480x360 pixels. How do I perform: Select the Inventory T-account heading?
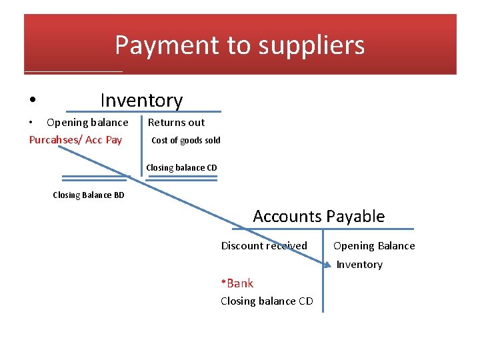[x=141, y=100]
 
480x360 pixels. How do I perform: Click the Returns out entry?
[x=176, y=122]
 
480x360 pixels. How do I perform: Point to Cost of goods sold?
[x=186, y=140]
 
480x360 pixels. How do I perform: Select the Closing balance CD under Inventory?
[x=181, y=167]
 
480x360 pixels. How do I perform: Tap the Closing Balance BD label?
[x=88, y=195]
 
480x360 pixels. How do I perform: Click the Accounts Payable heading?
[x=319, y=216]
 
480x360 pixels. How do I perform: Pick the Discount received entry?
[x=264, y=245]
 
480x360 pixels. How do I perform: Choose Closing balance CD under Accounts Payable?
[x=267, y=301]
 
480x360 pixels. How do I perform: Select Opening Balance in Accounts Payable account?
[x=374, y=245]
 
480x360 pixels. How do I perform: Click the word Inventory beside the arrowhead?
[x=359, y=265]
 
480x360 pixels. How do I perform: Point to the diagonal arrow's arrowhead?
[x=327, y=265]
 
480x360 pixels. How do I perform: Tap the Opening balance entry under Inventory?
[x=87, y=122]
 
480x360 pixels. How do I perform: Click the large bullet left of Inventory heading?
[x=33, y=101]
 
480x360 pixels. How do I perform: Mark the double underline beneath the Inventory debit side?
[x=94, y=179]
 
